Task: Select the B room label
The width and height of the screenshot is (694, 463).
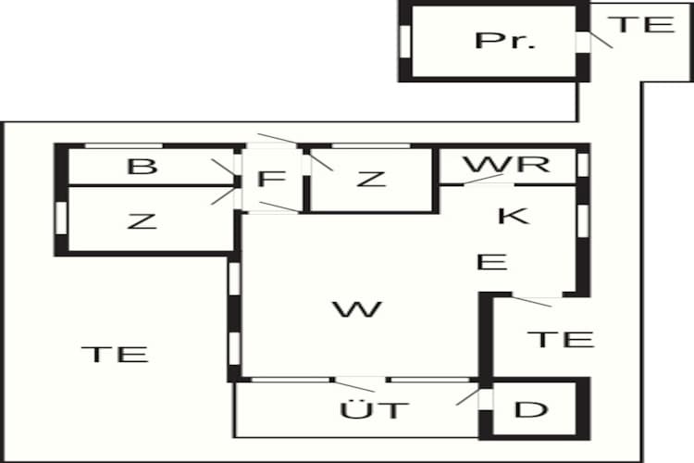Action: tap(142, 167)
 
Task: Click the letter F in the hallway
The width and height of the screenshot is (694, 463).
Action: tap(268, 178)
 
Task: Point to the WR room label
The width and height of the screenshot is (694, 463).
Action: tap(506, 165)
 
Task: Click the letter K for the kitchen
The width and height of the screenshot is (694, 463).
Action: tap(512, 216)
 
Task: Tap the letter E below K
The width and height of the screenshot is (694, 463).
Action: tap(491, 262)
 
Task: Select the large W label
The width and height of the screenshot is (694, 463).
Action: tap(356, 309)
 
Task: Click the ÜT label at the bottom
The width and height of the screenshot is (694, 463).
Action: tap(374, 409)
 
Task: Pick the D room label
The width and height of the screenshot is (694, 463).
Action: tap(529, 409)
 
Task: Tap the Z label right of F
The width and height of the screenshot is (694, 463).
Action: tap(370, 178)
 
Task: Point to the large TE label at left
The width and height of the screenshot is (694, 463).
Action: tap(115, 353)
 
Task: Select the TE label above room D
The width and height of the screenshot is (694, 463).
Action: tap(560, 338)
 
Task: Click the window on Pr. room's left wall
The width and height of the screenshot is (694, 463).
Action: tap(404, 41)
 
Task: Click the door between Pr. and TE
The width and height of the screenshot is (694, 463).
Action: tap(582, 42)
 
